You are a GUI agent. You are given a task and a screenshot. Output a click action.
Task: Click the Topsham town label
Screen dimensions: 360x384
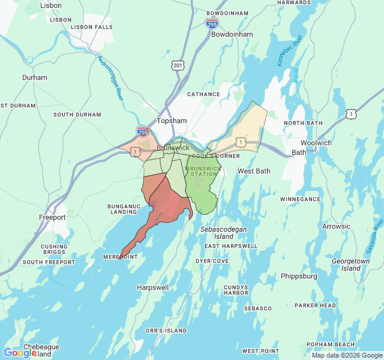pos(172,121)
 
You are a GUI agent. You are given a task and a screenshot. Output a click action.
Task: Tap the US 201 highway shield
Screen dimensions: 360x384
pos(177,65)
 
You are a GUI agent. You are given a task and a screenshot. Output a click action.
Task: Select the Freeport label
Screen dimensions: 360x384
pos(52,217)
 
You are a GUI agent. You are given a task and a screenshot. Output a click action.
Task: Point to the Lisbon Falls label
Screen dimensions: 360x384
pos(91,27)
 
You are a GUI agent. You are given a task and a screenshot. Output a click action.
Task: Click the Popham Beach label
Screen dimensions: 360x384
pos(331,344)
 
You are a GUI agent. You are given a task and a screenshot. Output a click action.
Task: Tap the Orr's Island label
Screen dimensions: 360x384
pos(166,331)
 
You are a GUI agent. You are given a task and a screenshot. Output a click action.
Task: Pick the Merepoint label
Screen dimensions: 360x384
pos(121,256)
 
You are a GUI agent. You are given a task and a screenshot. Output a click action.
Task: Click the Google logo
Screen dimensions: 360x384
pos(20,353)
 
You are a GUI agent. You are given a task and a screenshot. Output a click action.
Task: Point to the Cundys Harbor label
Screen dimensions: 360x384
pos(236,290)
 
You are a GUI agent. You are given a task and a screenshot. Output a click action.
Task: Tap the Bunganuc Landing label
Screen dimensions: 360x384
pos(123,208)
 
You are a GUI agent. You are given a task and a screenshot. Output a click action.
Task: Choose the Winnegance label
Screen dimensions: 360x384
pos(300,199)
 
